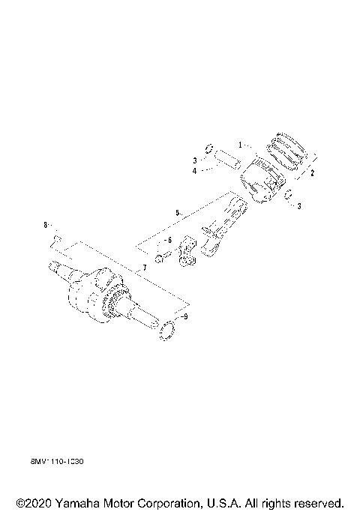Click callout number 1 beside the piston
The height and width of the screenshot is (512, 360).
pyautogui.click(x=241, y=145)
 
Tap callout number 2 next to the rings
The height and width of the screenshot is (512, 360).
pyautogui.click(x=312, y=172)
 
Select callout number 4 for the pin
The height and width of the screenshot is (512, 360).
pyautogui.click(x=193, y=172)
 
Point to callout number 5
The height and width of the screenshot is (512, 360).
pyautogui.click(x=178, y=214)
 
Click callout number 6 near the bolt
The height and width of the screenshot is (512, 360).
pyautogui.click(x=169, y=240)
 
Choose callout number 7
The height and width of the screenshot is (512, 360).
pyautogui.click(x=144, y=268)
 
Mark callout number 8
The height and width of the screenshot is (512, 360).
pyautogui.click(x=45, y=225)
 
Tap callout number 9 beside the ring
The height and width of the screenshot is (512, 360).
pyautogui.click(x=187, y=318)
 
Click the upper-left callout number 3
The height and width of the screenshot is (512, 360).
pyautogui.click(x=193, y=160)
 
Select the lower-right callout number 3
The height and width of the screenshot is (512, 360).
pyautogui.click(x=298, y=206)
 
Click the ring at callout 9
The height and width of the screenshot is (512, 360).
pyautogui.click(x=169, y=331)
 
